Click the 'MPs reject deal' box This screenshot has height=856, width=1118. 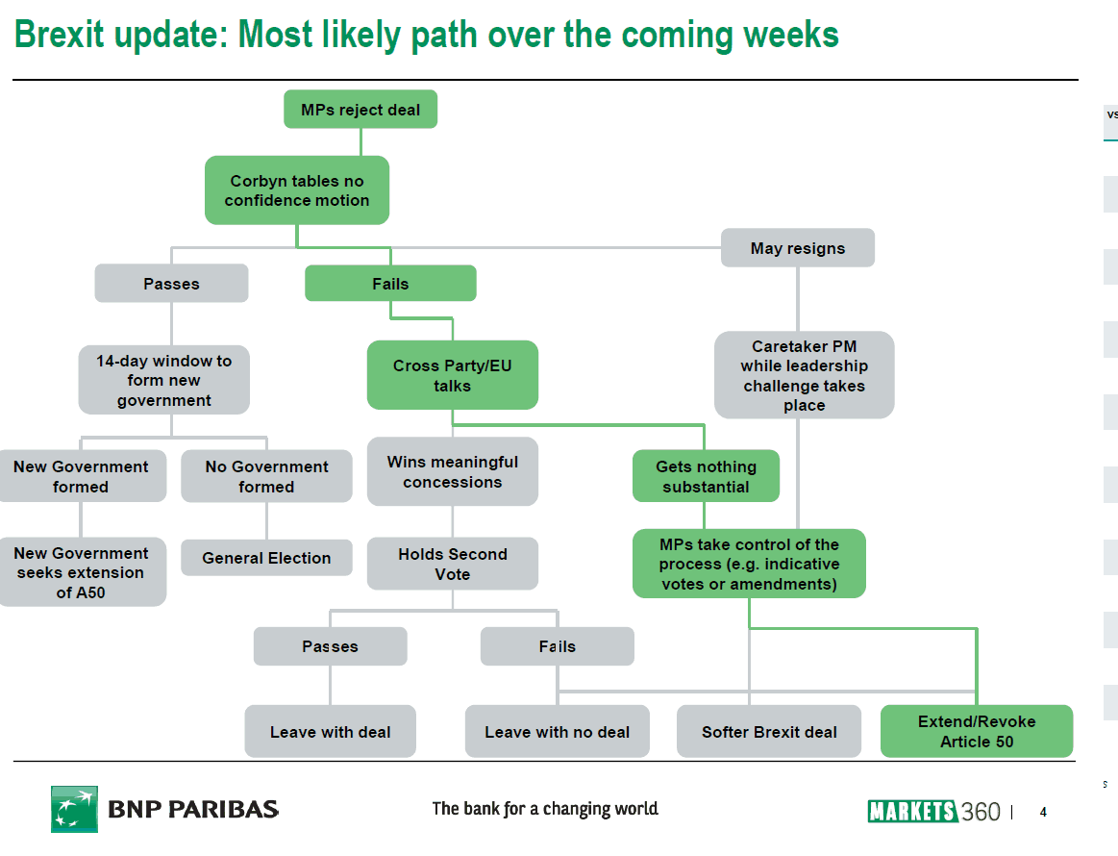360,109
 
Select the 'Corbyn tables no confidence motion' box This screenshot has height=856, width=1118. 297,190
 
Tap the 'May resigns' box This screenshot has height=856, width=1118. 797,247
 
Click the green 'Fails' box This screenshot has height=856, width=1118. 390,283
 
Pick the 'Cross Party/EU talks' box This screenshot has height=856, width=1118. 452,375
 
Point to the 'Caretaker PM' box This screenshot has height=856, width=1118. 804,374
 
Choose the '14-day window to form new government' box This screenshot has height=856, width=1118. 164,380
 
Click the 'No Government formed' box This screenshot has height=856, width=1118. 266,476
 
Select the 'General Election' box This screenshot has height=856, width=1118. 266,557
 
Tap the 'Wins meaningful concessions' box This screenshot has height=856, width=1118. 452,471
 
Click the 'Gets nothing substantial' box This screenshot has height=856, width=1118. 706,476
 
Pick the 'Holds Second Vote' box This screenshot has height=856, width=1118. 452,564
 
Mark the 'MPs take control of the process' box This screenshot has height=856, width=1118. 749,564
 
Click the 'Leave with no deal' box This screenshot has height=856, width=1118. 557,731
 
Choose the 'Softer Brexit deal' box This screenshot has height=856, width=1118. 769,731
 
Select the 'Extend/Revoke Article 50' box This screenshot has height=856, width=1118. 976,731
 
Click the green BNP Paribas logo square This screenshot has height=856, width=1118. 74,809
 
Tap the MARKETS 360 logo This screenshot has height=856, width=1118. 934,812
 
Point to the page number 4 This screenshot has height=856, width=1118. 1043,812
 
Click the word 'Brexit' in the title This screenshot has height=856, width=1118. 60,35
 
